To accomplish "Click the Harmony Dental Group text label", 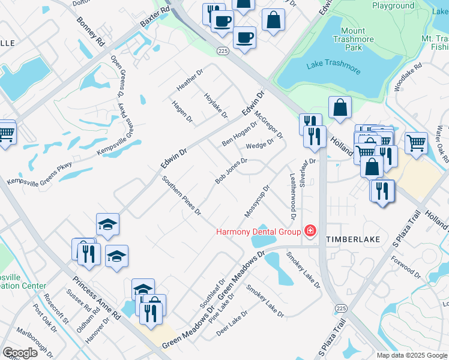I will click(x=259, y=232).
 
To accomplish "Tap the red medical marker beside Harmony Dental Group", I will click(x=310, y=231).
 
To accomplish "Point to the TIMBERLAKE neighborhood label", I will click(x=353, y=239).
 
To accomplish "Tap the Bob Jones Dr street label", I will click(x=231, y=171).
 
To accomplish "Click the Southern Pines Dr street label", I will click(x=181, y=196).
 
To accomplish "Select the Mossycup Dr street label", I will click(x=257, y=202).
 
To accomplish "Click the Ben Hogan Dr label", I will click(x=239, y=133).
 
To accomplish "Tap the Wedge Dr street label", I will click(x=259, y=143).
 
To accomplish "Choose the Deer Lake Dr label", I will click(x=233, y=323).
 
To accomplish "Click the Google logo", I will click(x=20, y=353).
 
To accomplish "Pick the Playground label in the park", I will click(x=393, y=5).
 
